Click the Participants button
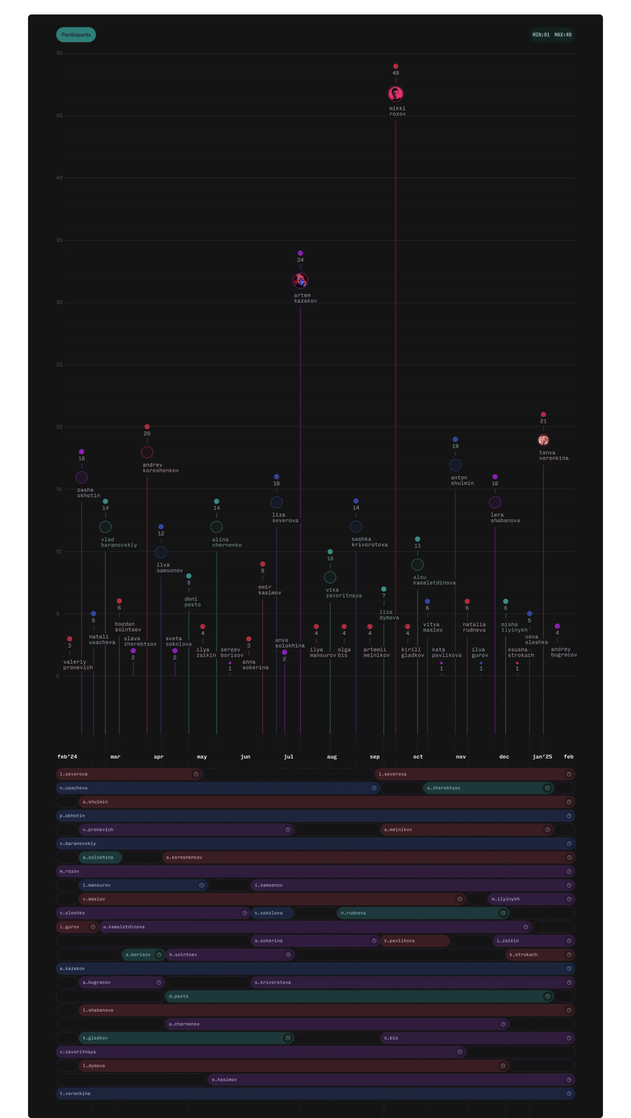(76, 35)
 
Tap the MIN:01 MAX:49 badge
(552, 35)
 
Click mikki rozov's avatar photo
(395, 94)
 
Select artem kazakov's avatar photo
(300, 281)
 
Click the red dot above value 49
(395, 66)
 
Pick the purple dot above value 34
(300, 253)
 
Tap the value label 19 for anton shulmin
(455, 446)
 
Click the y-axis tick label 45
(59, 115)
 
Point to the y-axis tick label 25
(59, 365)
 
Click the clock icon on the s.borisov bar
(159, 954)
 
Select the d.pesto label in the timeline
(179, 996)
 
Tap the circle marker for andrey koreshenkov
(147, 452)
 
